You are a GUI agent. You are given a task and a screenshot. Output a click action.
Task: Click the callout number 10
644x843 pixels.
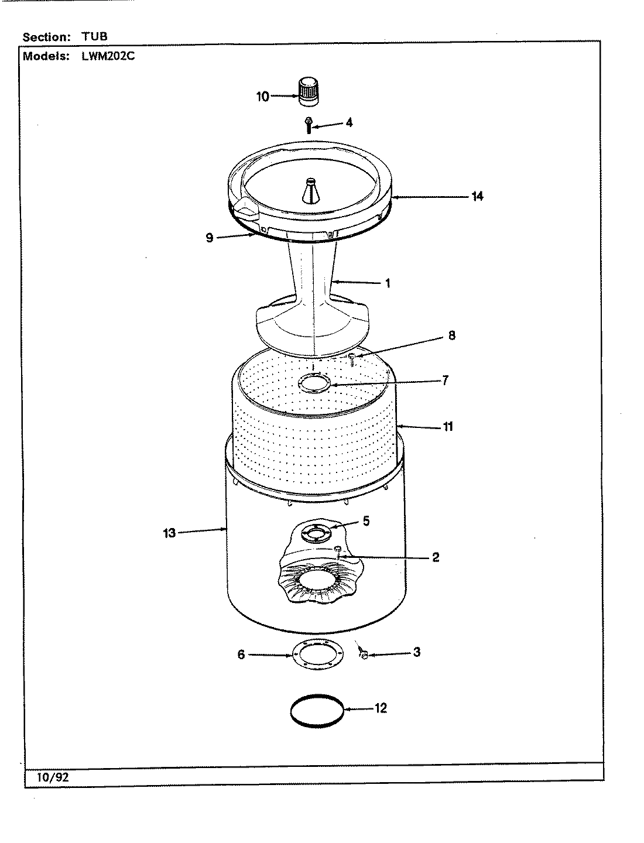pyautogui.click(x=263, y=97)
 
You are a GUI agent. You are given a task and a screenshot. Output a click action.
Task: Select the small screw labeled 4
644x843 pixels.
pyautogui.click(x=308, y=125)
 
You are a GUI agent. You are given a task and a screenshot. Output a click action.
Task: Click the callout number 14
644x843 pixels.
pyautogui.click(x=477, y=196)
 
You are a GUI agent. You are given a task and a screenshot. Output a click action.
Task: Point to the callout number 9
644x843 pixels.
pyautogui.click(x=210, y=238)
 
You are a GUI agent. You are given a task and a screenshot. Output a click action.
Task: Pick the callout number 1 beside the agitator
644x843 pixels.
pyautogui.click(x=387, y=283)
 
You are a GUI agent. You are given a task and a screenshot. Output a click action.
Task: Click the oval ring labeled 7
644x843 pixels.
pyautogui.click(x=314, y=384)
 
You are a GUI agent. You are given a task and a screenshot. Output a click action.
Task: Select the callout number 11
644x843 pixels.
pyautogui.click(x=447, y=427)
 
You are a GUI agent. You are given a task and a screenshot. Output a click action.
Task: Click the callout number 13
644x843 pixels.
pyautogui.click(x=169, y=533)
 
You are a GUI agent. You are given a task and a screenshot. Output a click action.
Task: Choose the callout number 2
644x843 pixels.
pyautogui.click(x=436, y=557)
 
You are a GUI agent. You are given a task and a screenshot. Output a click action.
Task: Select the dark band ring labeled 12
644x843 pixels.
pyautogui.click(x=316, y=710)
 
